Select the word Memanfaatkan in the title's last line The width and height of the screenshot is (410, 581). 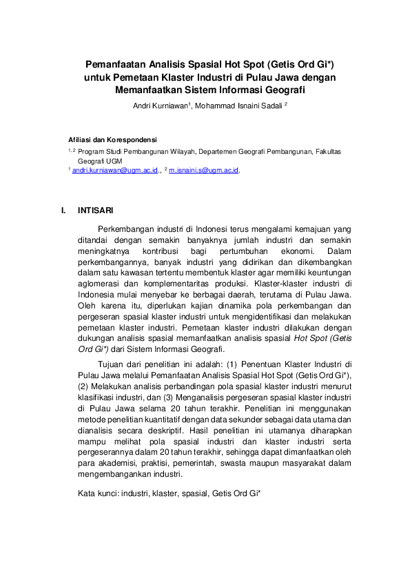151,90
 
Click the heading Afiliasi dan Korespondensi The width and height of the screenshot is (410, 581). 112,138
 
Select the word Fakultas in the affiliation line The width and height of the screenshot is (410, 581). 326,150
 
